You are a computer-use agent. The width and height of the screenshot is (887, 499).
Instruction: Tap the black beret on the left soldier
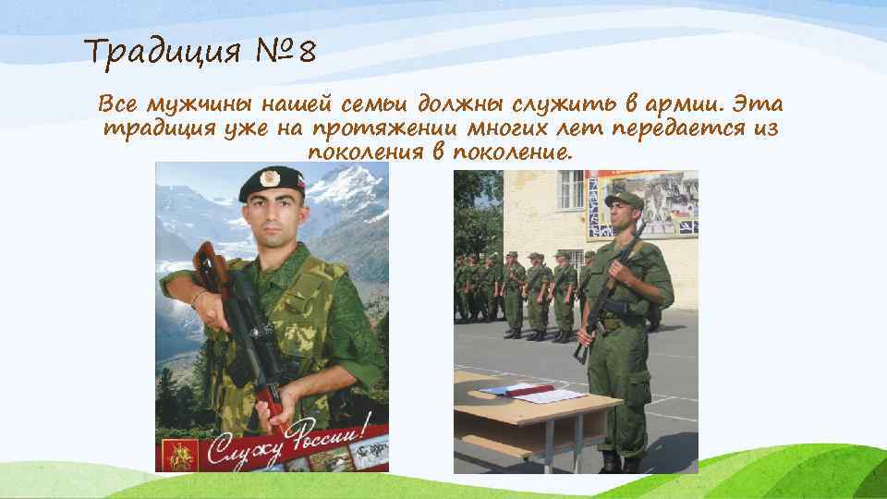(x=271, y=183)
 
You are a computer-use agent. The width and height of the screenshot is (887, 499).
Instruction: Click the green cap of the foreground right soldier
(x=622, y=200)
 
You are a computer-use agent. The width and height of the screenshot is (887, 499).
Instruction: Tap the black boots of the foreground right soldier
(x=621, y=462)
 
